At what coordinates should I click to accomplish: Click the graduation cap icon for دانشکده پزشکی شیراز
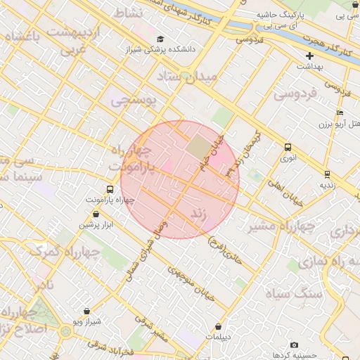pyautogui.click(x=160, y=39)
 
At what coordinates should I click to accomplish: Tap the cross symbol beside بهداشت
pyautogui.click(x=309, y=56)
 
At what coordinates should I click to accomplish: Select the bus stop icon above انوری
pyautogui.click(x=288, y=148)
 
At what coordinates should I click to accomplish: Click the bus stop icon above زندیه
pyautogui.click(x=328, y=174)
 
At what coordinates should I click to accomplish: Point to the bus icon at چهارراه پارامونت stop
pyautogui.click(x=110, y=189)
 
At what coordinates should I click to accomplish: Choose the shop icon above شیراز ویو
pyautogui.click(x=86, y=311)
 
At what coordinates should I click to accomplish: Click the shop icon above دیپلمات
pyautogui.click(x=220, y=326)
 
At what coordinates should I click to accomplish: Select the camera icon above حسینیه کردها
pyautogui.click(x=294, y=345)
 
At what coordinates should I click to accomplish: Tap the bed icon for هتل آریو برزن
pyautogui.click(x=340, y=112)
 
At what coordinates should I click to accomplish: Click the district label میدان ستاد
pyautogui.click(x=186, y=76)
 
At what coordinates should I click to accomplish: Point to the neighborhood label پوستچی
pyautogui.click(x=134, y=101)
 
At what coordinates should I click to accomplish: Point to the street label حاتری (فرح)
pyautogui.click(x=225, y=251)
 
